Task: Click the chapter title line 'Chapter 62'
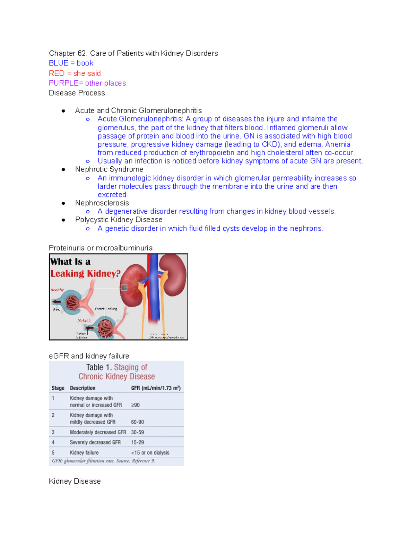133,53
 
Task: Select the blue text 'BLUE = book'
71,63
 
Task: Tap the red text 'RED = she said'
75,73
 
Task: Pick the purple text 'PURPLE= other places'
87,83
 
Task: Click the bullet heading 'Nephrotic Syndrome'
109,169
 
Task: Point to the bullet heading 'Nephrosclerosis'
102,203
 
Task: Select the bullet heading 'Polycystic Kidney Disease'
119,220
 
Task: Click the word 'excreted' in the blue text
112,195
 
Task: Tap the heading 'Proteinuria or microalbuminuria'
101,248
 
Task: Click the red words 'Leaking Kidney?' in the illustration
85,274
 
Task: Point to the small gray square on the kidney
124,288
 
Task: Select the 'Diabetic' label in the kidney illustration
84,321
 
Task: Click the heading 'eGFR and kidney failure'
89,356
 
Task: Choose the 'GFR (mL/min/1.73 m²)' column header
156,388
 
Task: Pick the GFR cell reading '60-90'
137,422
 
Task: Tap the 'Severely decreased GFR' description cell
95,442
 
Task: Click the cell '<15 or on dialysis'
150,453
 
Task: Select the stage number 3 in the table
53,432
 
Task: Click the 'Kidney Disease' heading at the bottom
75,481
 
